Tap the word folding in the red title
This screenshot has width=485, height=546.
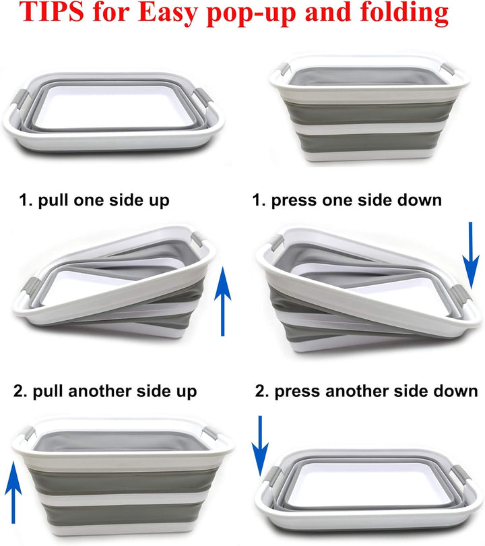[404, 14]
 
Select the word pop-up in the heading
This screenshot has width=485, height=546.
[252, 14]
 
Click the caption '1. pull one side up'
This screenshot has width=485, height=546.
[94, 200]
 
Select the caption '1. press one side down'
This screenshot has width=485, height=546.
[347, 200]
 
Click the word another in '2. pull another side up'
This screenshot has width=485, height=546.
[100, 391]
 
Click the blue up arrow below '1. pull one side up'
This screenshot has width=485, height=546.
[223, 301]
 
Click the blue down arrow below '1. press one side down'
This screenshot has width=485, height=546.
[471, 255]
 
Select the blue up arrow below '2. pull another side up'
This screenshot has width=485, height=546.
[13, 492]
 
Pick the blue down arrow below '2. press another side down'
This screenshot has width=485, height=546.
[260, 446]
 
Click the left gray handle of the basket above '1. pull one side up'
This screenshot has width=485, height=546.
[20, 98]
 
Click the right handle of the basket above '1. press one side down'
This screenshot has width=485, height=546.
[449, 69]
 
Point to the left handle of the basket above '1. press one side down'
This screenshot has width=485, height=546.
[284, 69]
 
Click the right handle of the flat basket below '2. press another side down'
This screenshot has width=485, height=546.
[461, 475]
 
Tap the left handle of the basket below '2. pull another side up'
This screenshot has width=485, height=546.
[28, 433]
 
